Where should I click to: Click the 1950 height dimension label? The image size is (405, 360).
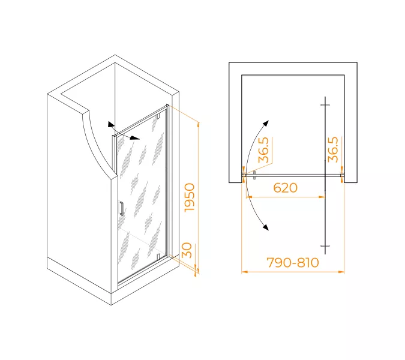point(190,197)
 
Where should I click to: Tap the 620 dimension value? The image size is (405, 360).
point(286,188)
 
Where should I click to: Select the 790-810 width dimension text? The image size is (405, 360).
point(293,262)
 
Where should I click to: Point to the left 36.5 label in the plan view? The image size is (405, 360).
point(263,150)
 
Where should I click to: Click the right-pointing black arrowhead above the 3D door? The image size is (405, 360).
point(136,138)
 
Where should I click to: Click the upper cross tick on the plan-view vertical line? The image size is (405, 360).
point(325,106)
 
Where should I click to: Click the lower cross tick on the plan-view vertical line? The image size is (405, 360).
point(325,247)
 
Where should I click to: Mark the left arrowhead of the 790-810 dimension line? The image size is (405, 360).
point(244,272)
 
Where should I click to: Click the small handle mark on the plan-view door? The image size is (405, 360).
point(254,175)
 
